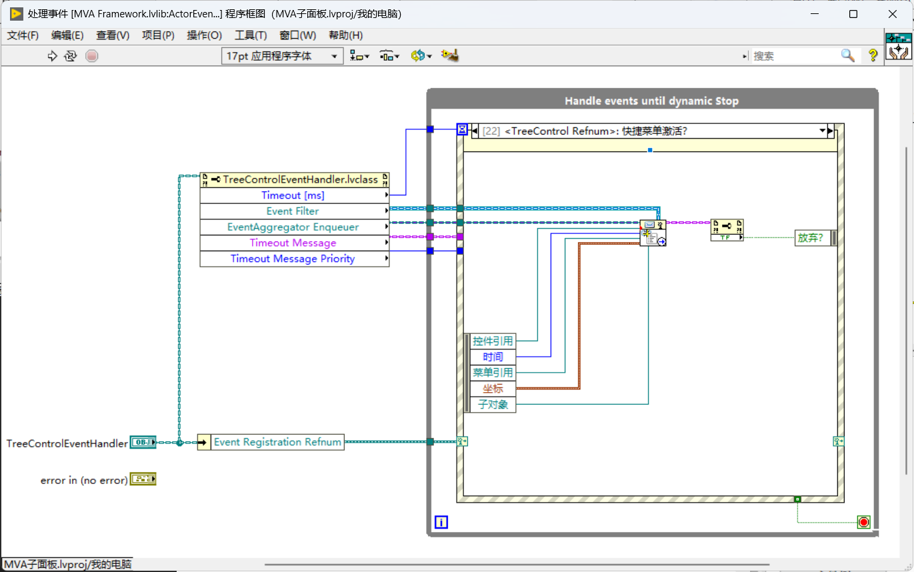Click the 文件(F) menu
point(23,35)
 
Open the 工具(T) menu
point(251,35)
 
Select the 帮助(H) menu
point(345,35)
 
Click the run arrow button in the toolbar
point(52,56)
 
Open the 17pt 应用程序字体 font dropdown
point(282,56)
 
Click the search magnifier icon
point(847,55)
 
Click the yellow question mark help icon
point(873,55)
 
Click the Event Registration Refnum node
point(271,442)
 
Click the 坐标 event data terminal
point(493,389)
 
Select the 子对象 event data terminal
point(493,405)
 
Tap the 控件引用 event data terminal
point(493,341)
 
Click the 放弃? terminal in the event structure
point(813,238)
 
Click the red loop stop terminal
point(863,522)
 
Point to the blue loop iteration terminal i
point(441,522)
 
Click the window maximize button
point(853,14)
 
